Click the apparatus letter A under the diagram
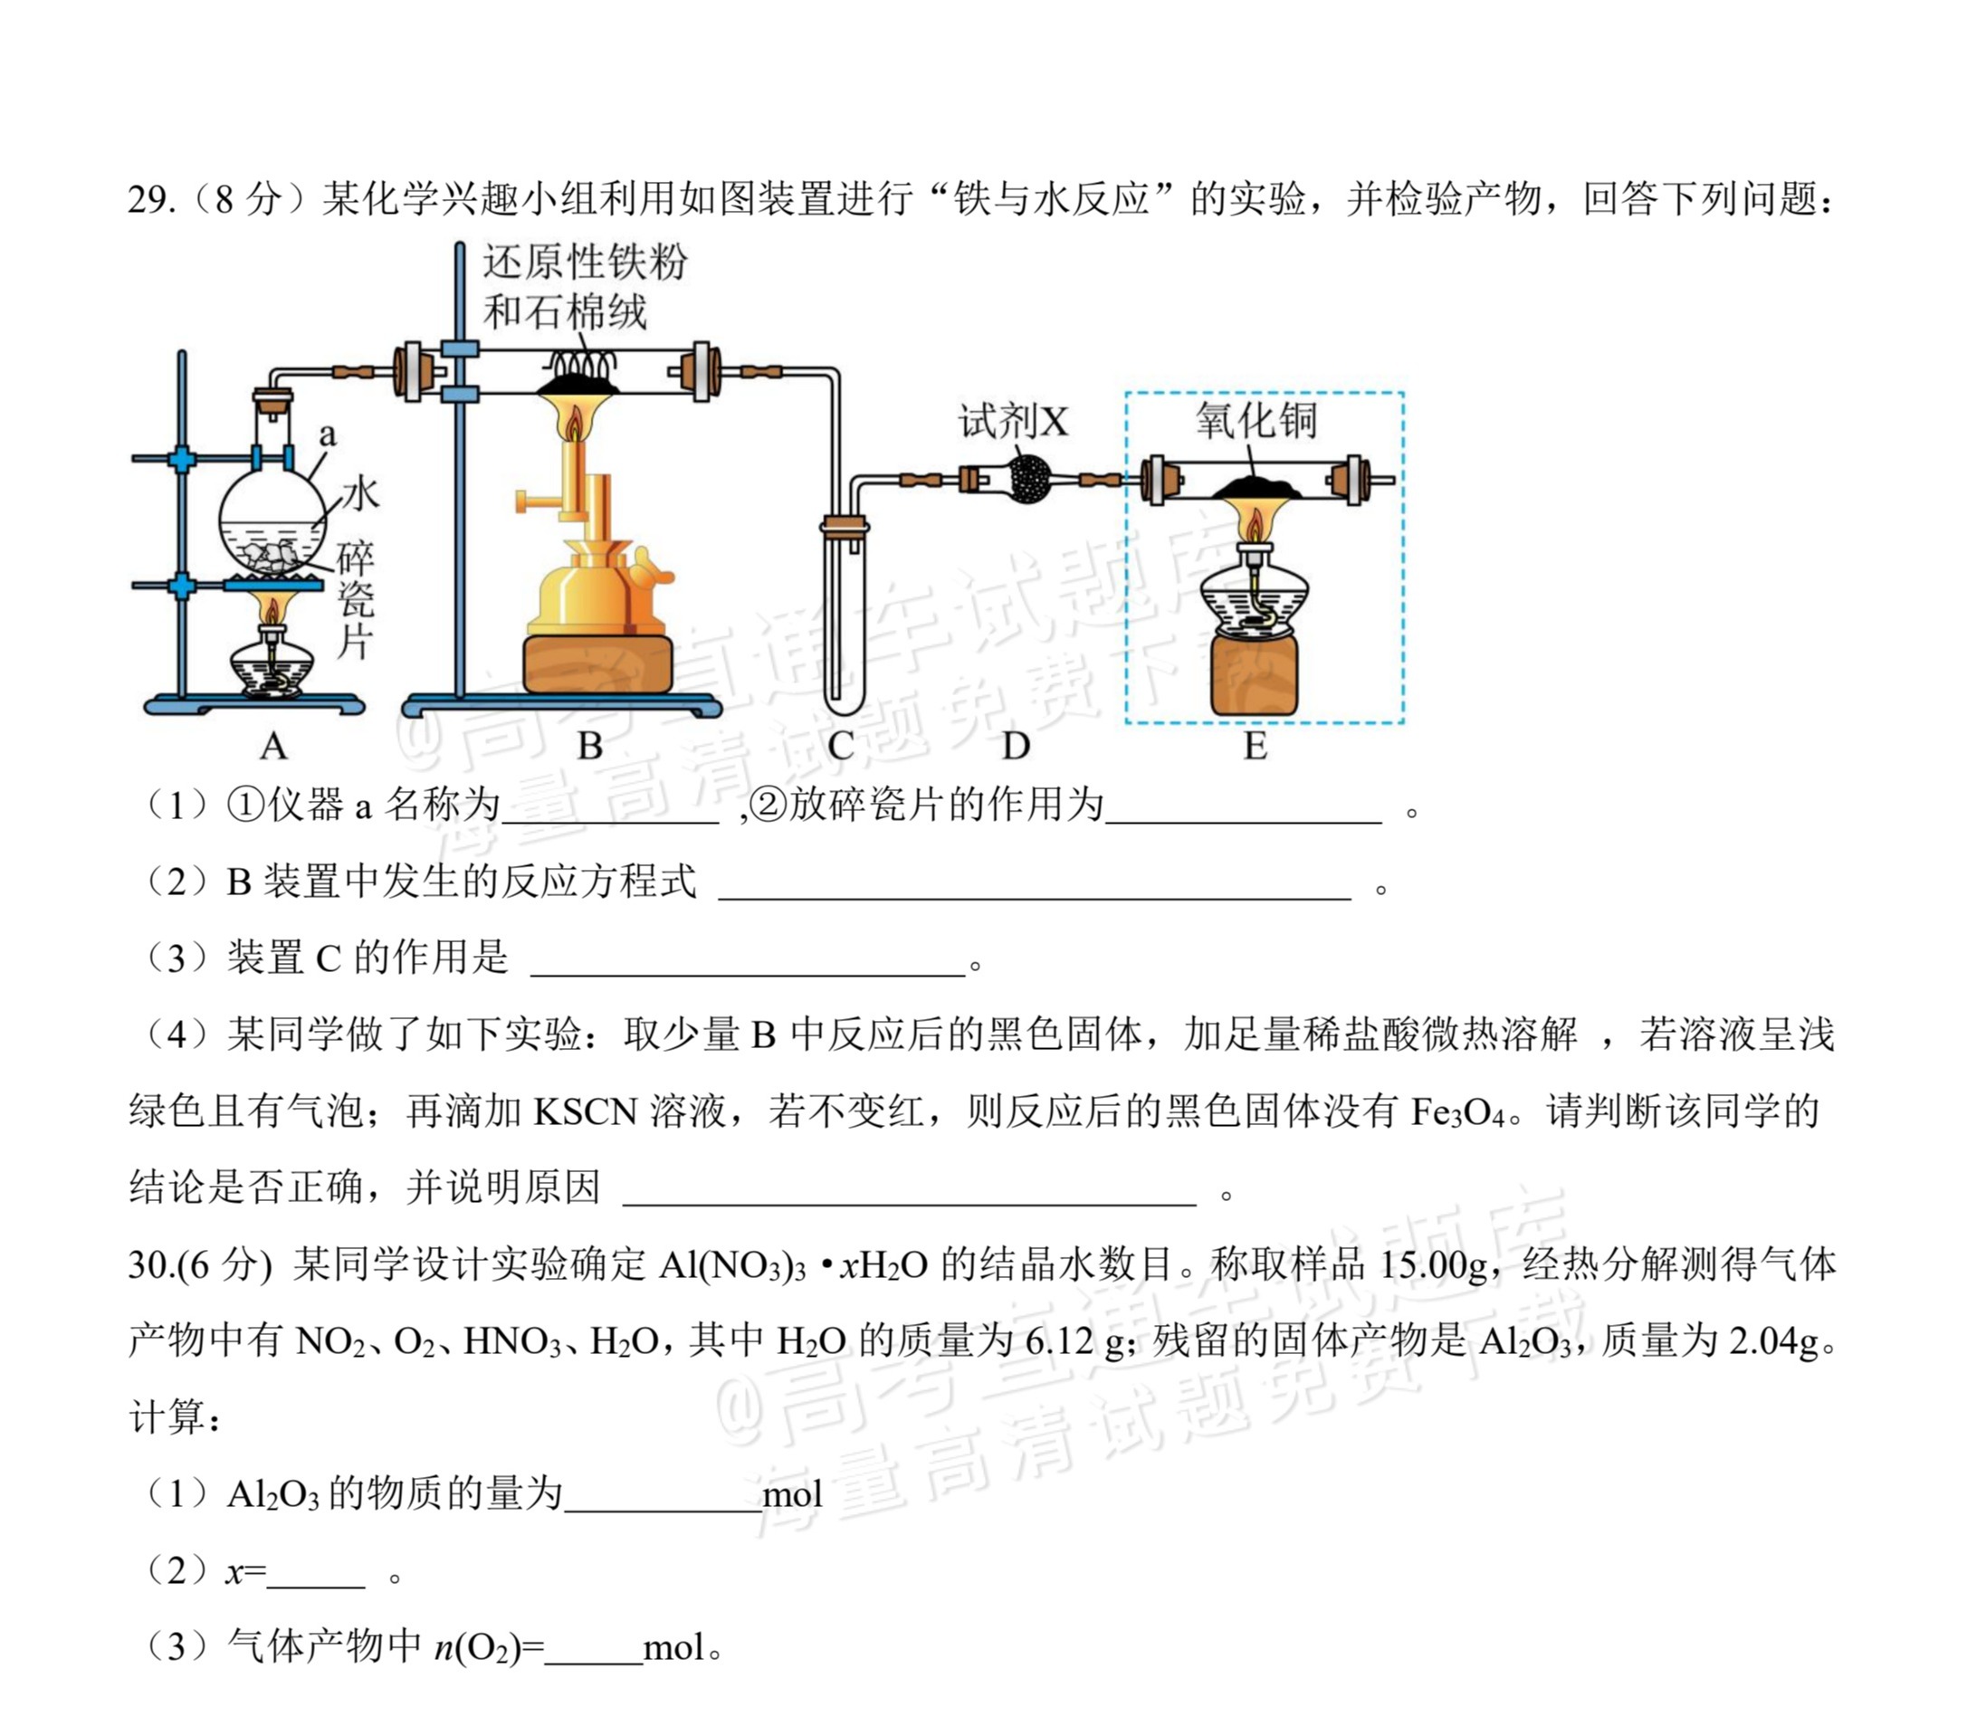click(x=273, y=746)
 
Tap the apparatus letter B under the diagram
click(x=590, y=746)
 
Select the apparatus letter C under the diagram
click(x=840, y=746)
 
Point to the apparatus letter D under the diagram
click(x=1016, y=746)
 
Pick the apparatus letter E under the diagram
click(x=1255, y=746)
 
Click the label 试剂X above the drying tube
click(x=1013, y=422)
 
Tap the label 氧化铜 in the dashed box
click(x=1256, y=421)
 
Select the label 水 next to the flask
click(x=361, y=494)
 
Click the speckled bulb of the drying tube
click(x=1031, y=478)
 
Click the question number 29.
click(x=151, y=200)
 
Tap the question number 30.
click(x=151, y=1264)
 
